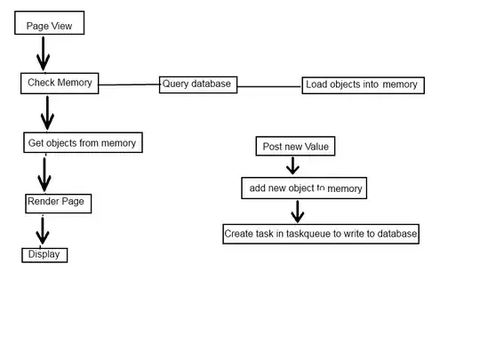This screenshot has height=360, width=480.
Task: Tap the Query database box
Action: click(197, 84)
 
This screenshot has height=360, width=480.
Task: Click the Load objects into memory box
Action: click(363, 85)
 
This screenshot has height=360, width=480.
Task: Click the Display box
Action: click(44, 254)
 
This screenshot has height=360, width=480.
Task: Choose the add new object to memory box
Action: click(303, 188)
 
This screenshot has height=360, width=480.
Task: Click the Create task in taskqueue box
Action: click(320, 234)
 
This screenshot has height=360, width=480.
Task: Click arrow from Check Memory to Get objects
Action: click(47, 112)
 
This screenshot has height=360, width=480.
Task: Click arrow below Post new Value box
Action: click(292, 166)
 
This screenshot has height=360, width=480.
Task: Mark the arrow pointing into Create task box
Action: click(297, 212)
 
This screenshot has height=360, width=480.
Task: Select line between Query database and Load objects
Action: click(269, 86)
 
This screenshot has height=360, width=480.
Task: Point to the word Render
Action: click(43, 203)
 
